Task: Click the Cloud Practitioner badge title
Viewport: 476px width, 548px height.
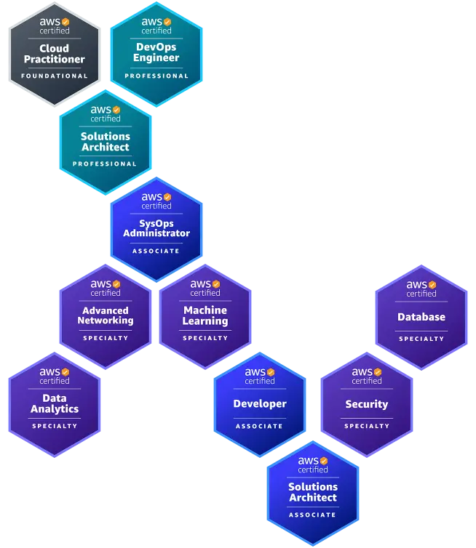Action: pos(55,54)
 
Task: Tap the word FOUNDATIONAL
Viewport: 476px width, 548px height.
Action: pos(55,76)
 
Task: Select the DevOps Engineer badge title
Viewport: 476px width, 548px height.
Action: pos(156,52)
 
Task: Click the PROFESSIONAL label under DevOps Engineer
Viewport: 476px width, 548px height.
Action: pos(156,76)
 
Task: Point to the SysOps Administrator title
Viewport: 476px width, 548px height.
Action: pos(156,228)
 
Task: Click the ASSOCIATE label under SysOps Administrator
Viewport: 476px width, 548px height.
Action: pos(156,251)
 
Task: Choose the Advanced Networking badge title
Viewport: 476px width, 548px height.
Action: pos(106,315)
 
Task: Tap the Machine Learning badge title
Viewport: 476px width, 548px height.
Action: pos(205,315)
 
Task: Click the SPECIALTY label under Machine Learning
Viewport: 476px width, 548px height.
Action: pos(205,338)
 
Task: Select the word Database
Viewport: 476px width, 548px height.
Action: pos(421,317)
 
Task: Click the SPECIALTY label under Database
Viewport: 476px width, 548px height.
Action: pos(421,339)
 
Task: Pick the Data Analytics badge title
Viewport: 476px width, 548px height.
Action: pos(55,403)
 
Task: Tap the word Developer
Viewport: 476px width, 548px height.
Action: pos(260,404)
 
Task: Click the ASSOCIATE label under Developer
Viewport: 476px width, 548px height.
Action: pos(260,426)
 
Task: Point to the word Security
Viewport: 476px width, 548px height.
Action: pos(367,404)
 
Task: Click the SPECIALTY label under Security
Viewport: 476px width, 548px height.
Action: pos(367,426)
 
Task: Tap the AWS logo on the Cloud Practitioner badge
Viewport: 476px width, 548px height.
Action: pos(55,23)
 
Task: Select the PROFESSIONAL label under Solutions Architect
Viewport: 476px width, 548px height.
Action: pos(105,164)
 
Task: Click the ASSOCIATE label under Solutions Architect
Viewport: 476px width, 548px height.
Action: pos(313,515)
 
